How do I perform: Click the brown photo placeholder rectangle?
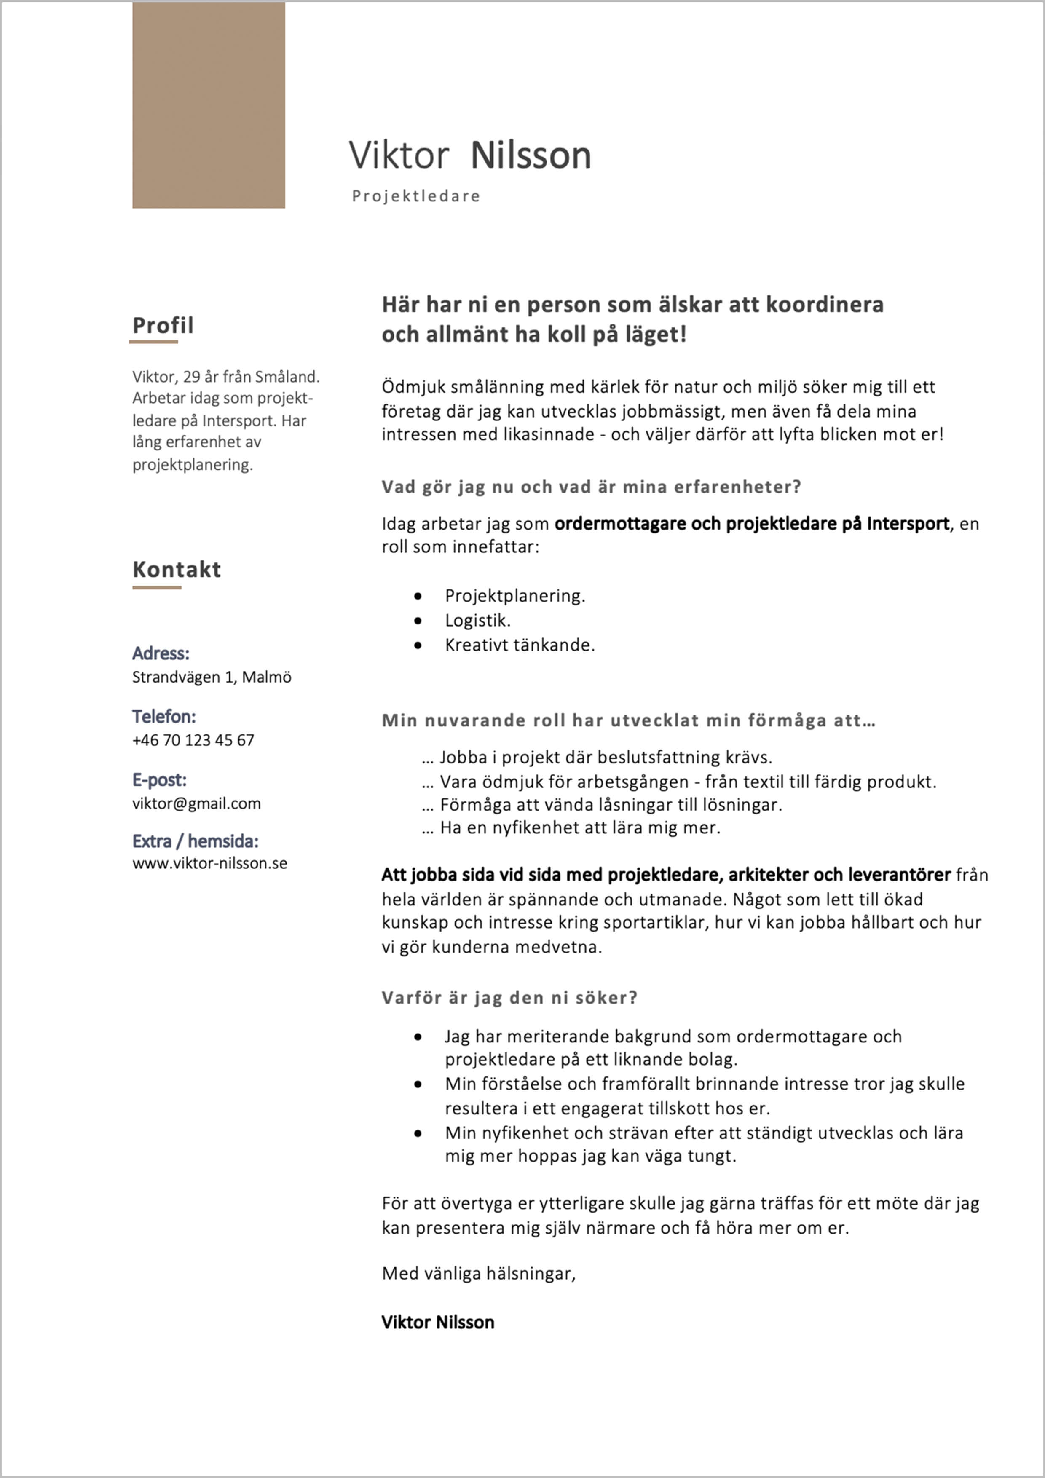[x=209, y=104]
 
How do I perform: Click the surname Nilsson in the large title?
[x=531, y=156]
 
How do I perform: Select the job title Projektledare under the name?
[x=416, y=195]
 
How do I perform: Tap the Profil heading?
[x=163, y=325]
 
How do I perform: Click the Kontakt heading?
[x=177, y=569]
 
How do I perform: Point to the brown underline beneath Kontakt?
[x=156, y=587]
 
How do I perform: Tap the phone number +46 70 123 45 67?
[x=193, y=740]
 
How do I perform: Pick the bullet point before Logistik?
[x=418, y=621]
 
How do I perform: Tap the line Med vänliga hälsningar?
[x=478, y=1273]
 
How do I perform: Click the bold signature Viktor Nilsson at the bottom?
[x=438, y=1322]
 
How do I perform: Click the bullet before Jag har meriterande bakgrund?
[x=418, y=1037]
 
